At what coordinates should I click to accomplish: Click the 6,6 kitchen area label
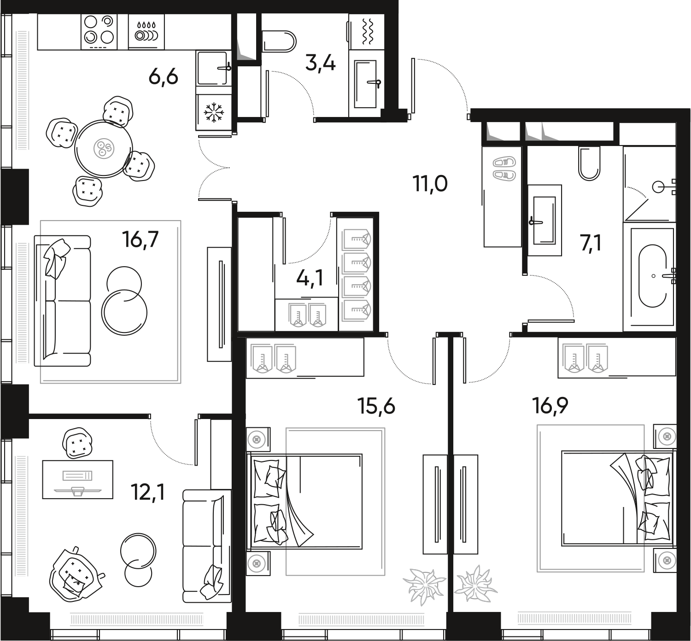(163, 77)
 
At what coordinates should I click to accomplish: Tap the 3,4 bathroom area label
(321, 63)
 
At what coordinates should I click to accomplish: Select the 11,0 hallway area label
(430, 184)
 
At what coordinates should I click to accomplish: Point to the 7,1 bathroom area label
(591, 243)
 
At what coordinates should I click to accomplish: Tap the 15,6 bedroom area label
(376, 407)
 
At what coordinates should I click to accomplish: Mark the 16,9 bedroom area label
(550, 406)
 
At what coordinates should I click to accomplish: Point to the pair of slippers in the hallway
(504, 169)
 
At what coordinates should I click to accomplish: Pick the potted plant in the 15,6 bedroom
(424, 585)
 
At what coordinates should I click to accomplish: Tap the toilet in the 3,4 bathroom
(279, 41)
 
